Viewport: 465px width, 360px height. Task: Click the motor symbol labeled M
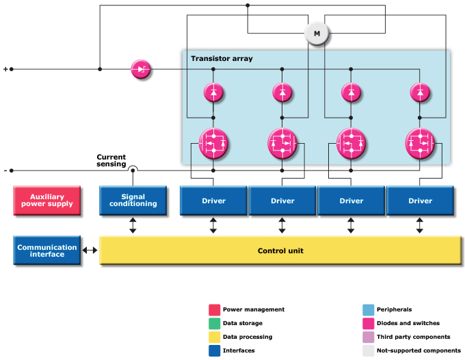(317, 34)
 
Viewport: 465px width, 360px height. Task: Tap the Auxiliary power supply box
(47, 200)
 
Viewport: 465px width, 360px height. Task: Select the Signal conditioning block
(133, 200)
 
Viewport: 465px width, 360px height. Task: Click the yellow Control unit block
(280, 250)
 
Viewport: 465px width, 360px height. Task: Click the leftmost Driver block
(213, 201)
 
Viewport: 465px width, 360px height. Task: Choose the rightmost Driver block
(421, 201)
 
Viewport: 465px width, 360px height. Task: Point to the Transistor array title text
(222, 59)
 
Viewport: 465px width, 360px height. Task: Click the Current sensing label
(111, 160)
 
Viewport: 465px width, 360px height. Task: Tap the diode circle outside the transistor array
(141, 69)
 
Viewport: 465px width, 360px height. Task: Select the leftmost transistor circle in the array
(213, 143)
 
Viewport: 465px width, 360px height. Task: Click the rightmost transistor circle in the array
(421, 143)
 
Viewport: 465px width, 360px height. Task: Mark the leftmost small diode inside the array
(213, 92)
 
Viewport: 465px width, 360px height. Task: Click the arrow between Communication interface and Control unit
(90, 250)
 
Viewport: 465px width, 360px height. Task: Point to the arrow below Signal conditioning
(133, 225)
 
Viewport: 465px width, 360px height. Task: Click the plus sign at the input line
(6, 69)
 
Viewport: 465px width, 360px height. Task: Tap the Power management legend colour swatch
(214, 309)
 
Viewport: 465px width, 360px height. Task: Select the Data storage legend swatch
(214, 323)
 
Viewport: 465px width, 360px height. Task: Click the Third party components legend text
(413, 337)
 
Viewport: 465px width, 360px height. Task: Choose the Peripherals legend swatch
(368, 309)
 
